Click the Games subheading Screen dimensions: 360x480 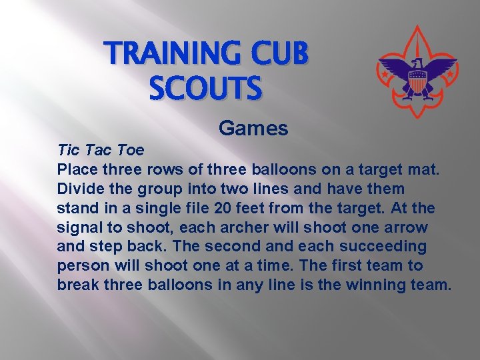tap(253, 128)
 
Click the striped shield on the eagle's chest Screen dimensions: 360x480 tap(417, 83)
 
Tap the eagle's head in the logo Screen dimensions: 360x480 tap(418, 64)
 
